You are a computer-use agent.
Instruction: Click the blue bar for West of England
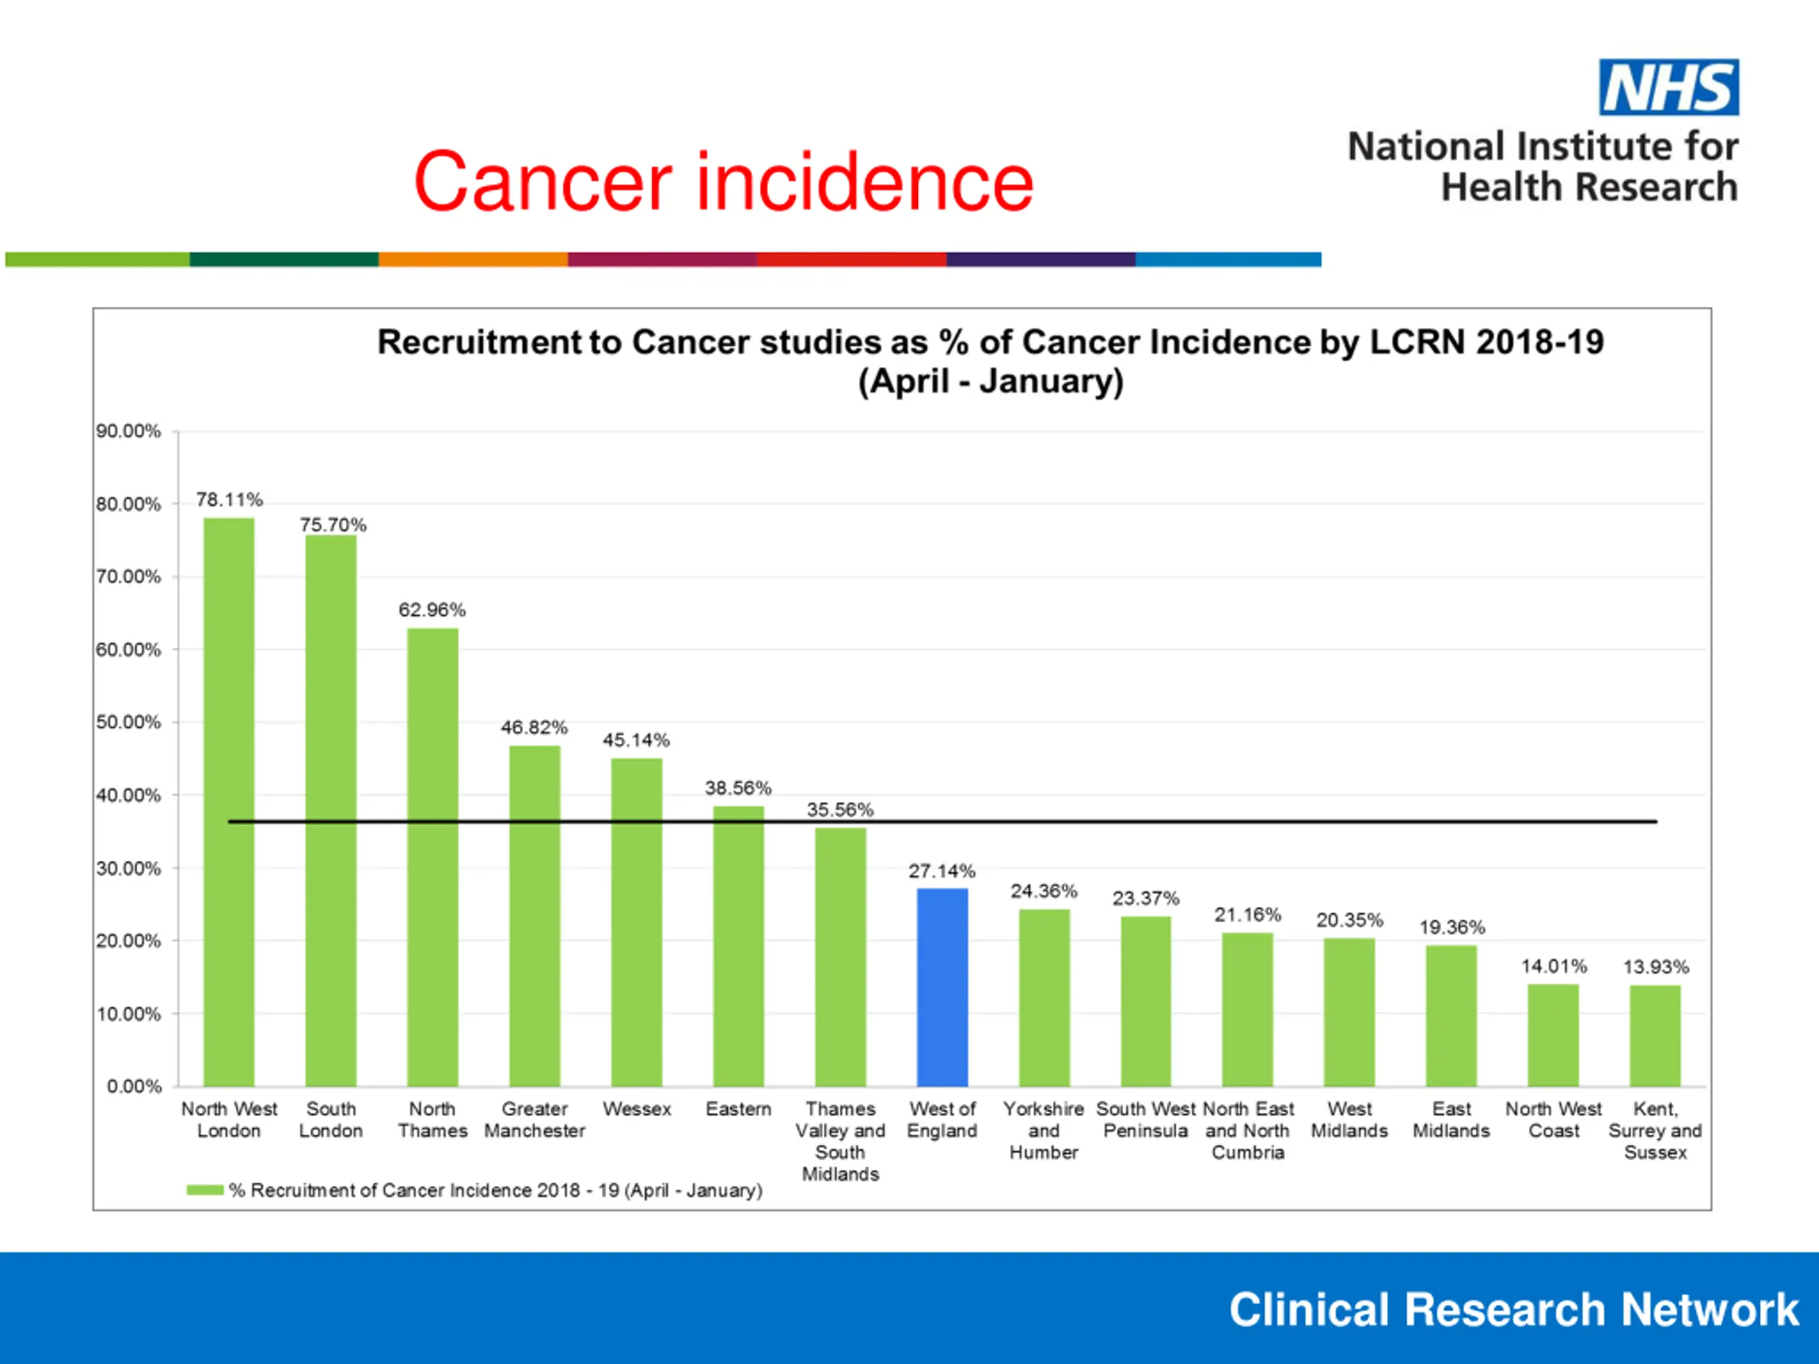pos(941,987)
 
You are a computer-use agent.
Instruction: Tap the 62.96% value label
pos(432,610)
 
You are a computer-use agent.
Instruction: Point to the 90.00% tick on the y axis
pos(129,431)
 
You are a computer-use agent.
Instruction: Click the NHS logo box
pos(1668,87)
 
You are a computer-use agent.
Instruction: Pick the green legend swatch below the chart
pos(205,1190)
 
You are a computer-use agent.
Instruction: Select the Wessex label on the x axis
pos(637,1109)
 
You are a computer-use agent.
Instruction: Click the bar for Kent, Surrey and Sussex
pos(1655,1035)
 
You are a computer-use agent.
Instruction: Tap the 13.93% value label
pos(1655,967)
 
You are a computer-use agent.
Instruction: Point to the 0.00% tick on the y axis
pos(134,1086)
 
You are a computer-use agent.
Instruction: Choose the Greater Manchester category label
pos(534,1120)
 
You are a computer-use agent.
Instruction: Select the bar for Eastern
pos(738,946)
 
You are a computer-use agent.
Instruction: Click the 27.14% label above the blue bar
pos(941,871)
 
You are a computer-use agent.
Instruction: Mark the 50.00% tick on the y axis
pos(129,722)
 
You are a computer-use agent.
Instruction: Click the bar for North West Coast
pos(1553,1035)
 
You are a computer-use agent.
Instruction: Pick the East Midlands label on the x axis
pos(1451,1120)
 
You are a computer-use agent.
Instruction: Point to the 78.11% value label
pos(229,499)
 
